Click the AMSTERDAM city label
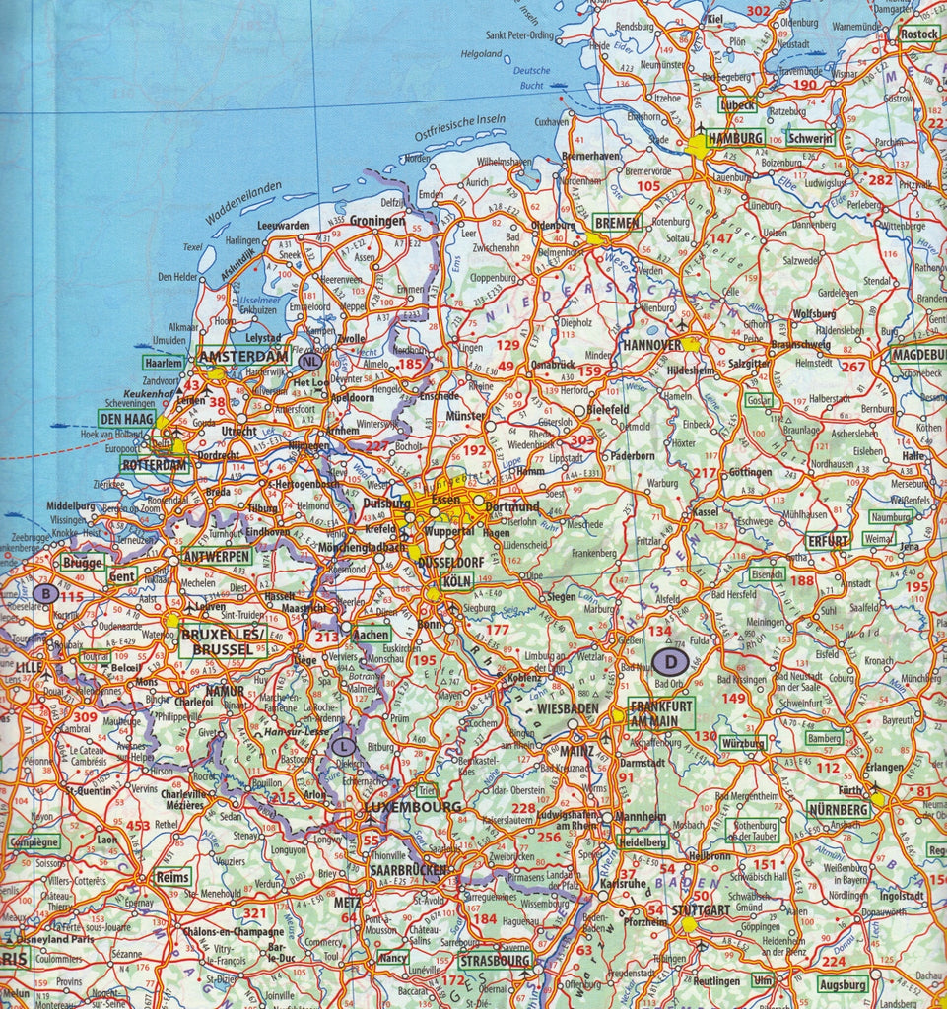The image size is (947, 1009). pyautogui.click(x=243, y=356)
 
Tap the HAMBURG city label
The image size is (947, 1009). pyautogui.click(x=735, y=138)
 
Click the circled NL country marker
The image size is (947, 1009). pyautogui.click(x=308, y=362)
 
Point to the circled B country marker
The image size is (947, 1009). pyautogui.click(x=44, y=594)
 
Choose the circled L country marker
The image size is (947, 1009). pyautogui.click(x=342, y=747)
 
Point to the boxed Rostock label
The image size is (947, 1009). pyautogui.click(x=918, y=34)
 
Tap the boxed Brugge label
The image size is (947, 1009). pyautogui.click(x=82, y=562)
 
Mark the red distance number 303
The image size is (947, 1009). pyautogui.click(x=582, y=439)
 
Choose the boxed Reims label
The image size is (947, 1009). pyautogui.click(x=172, y=877)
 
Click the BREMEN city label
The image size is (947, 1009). pyautogui.click(x=618, y=223)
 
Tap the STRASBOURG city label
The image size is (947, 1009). pyautogui.click(x=496, y=959)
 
